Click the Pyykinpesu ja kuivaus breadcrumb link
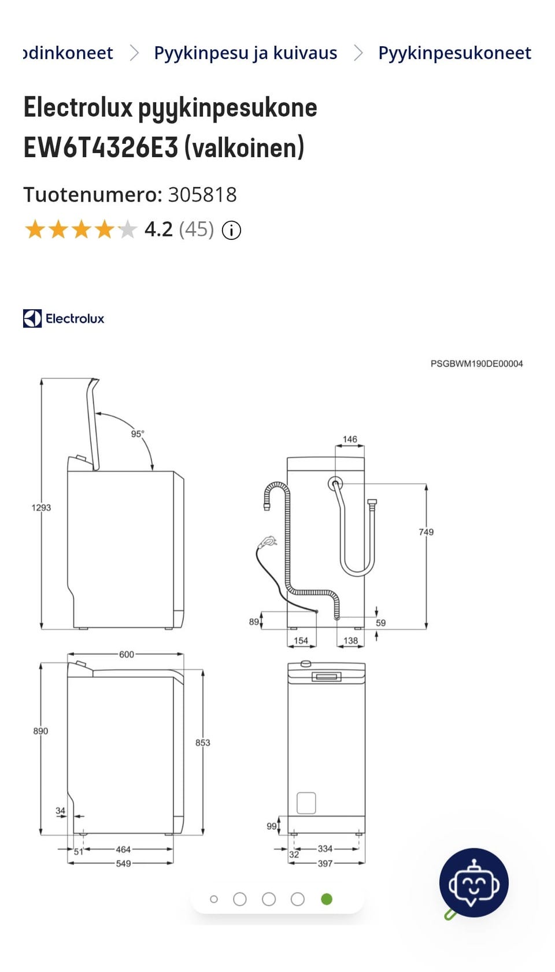(x=245, y=53)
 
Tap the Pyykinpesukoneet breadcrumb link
(x=454, y=53)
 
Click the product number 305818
(x=202, y=194)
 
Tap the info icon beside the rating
(x=231, y=231)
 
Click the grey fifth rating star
(x=127, y=229)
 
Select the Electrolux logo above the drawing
(x=64, y=318)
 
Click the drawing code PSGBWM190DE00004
(x=477, y=363)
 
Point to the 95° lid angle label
(x=138, y=433)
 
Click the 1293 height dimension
(x=41, y=508)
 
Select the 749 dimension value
(x=426, y=532)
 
